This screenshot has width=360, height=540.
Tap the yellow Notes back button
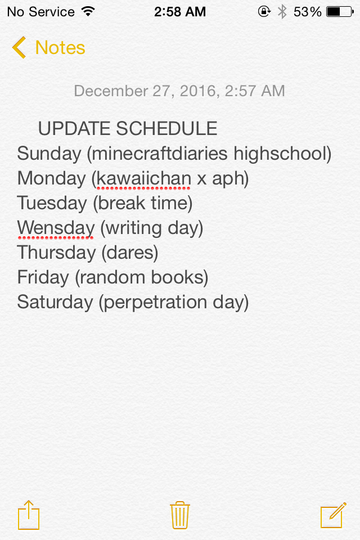pyautogui.click(x=48, y=47)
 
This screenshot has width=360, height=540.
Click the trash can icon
pyautogui.click(x=180, y=515)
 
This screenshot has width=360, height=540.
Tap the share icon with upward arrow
pyautogui.click(x=29, y=515)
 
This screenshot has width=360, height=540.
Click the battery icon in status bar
pyautogui.click(x=340, y=12)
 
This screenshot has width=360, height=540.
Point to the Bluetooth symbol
pyautogui.click(x=282, y=12)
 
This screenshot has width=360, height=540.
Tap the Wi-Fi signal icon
pyautogui.click(x=88, y=11)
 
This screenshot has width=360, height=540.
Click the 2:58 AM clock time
pyautogui.click(x=180, y=12)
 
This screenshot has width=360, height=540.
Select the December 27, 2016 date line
pyautogui.click(x=179, y=91)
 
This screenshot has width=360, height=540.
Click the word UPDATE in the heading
pyautogui.click(x=74, y=128)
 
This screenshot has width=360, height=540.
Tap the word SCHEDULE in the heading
pyautogui.click(x=166, y=128)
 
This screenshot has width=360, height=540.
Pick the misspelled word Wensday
pyautogui.click(x=56, y=228)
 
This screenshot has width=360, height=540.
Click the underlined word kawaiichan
pyautogui.click(x=143, y=178)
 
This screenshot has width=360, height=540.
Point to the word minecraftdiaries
pyautogui.click(x=160, y=153)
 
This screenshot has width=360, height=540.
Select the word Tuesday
pyautogui.click(x=52, y=203)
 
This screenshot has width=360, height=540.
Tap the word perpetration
pyautogui.click(x=155, y=303)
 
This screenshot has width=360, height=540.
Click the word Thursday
pyautogui.click(x=56, y=253)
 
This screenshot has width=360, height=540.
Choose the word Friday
pyautogui.click(x=43, y=277)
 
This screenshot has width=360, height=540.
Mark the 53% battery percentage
pyautogui.click(x=307, y=12)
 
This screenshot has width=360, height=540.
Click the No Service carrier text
pyautogui.click(x=40, y=12)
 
